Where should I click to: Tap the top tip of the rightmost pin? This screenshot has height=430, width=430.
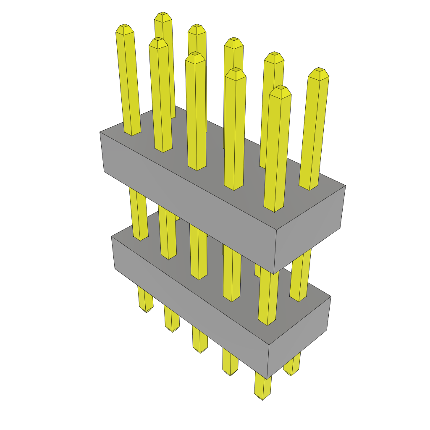pos(319,71)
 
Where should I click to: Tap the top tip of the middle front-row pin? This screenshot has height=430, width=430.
pos(195,55)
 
